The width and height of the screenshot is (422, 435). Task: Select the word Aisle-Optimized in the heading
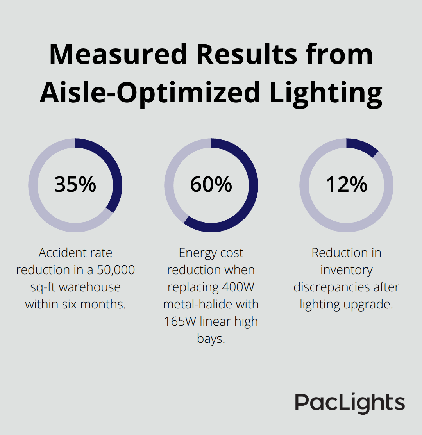coord(150,93)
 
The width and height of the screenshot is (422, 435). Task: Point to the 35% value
coord(75,185)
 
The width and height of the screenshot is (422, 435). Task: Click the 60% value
coord(211,185)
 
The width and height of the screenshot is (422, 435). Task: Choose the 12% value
coord(346,185)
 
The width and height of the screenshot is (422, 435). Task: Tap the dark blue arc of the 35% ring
coord(116,172)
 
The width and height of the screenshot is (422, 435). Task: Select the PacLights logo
coord(350,403)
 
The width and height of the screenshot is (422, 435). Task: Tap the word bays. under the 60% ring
coord(211,339)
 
